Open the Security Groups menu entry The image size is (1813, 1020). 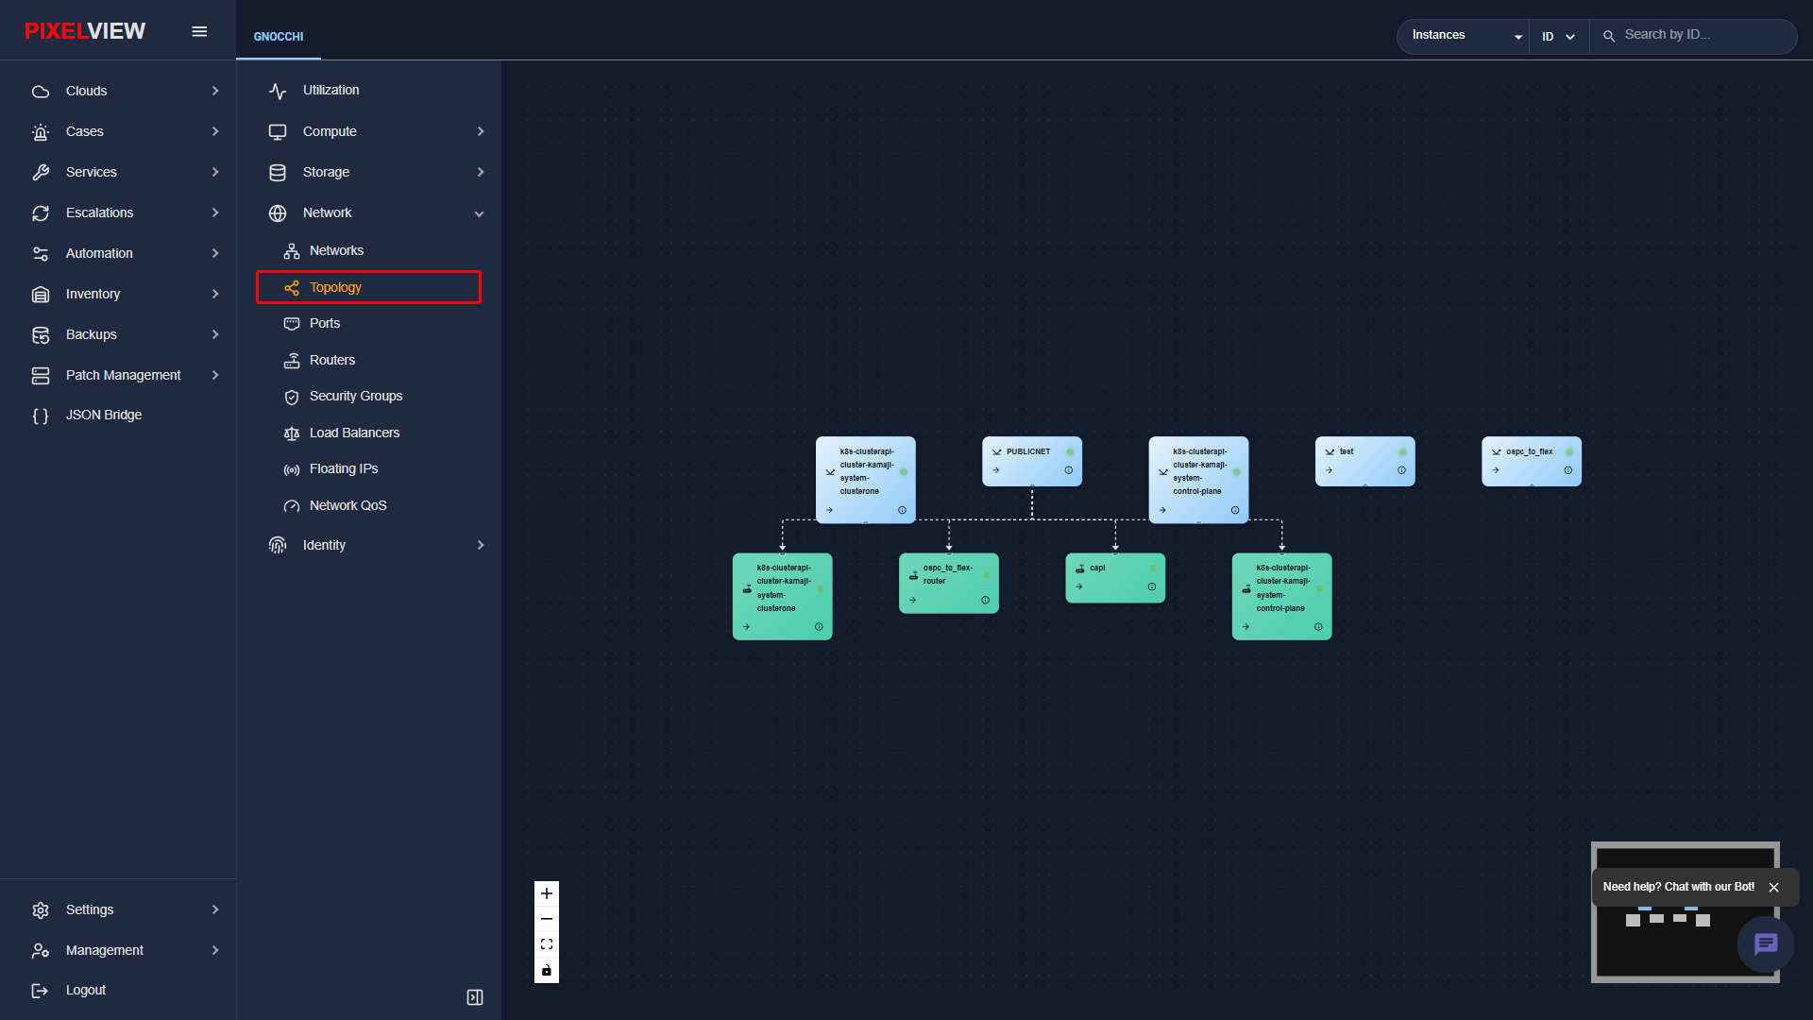[x=355, y=396]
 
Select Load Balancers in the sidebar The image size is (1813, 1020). [x=354, y=433]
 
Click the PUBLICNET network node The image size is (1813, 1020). [x=1032, y=461]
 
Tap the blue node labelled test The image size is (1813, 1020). [x=1365, y=461]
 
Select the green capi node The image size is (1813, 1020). [x=1115, y=577]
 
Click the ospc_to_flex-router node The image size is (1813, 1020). [x=949, y=583]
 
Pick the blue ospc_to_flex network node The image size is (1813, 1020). [x=1532, y=461]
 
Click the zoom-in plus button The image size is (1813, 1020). [x=547, y=893]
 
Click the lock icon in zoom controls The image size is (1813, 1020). [x=547, y=970]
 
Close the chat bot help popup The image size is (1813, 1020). [x=1774, y=887]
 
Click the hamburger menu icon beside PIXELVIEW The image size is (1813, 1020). [x=199, y=31]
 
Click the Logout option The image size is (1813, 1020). [x=85, y=990]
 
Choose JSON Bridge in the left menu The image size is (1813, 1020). [x=103, y=415]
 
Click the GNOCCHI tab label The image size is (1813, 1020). [x=279, y=37]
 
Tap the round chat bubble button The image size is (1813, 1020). [x=1766, y=943]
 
